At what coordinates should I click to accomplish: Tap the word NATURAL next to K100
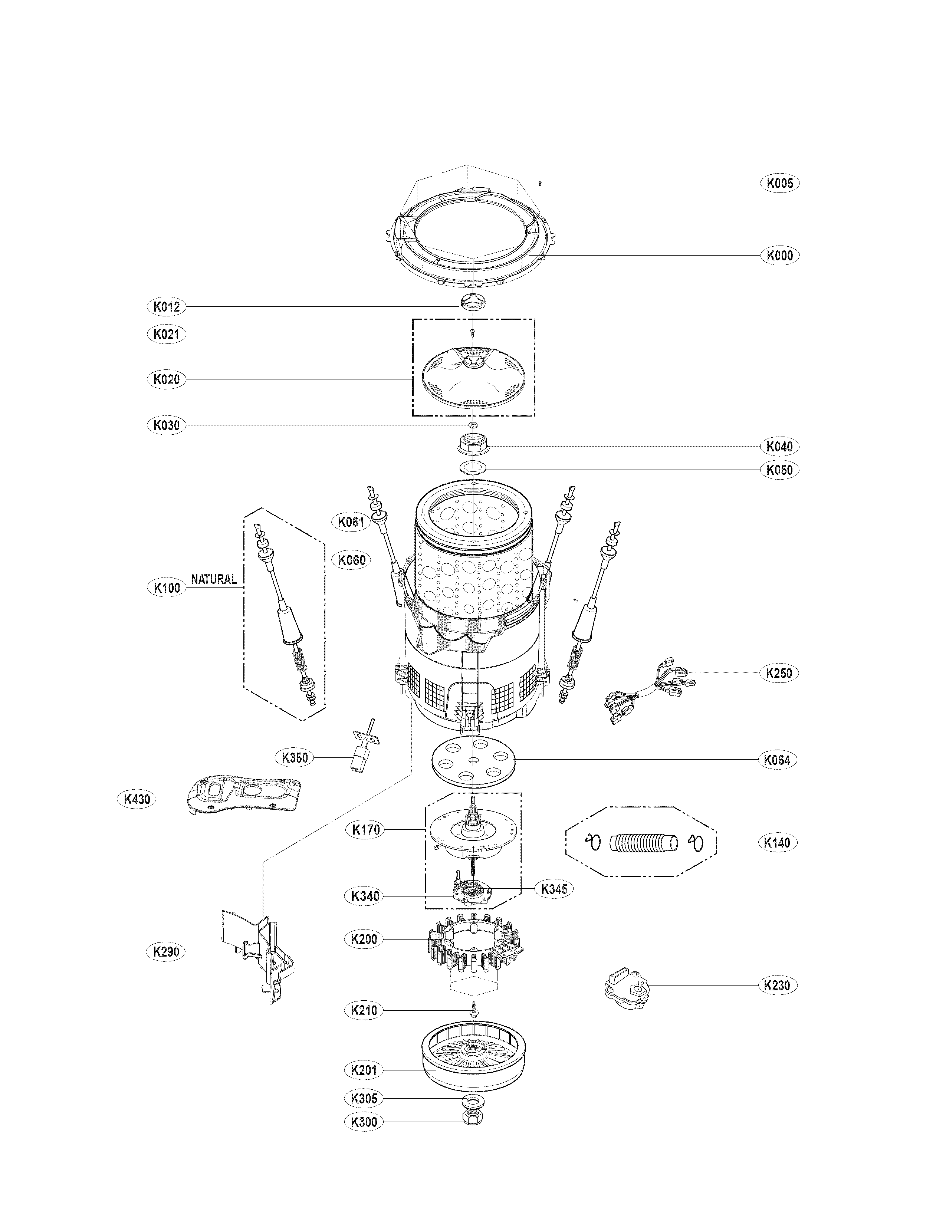point(214,579)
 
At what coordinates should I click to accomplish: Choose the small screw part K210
point(474,1009)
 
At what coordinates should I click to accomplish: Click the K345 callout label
point(554,888)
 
